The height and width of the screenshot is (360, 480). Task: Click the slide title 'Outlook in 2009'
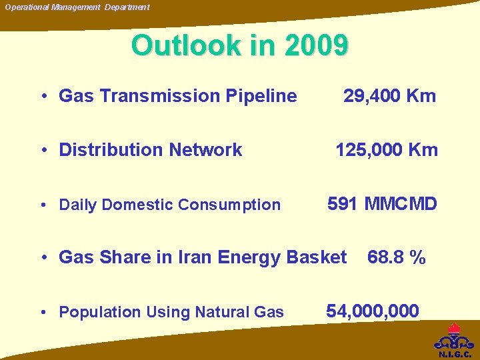(239, 45)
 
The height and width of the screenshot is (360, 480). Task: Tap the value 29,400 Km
(389, 96)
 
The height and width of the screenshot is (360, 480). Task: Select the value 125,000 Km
(387, 150)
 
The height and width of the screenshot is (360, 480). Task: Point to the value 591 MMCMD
(382, 204)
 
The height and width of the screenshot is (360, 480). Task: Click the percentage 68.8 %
(396, 257)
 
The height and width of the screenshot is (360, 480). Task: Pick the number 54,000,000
(373, 311)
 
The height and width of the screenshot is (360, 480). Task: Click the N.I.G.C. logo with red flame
(455, 341)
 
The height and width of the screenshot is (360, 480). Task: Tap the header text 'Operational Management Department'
(77, 7)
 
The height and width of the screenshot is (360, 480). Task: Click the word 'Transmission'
(157, 96)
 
